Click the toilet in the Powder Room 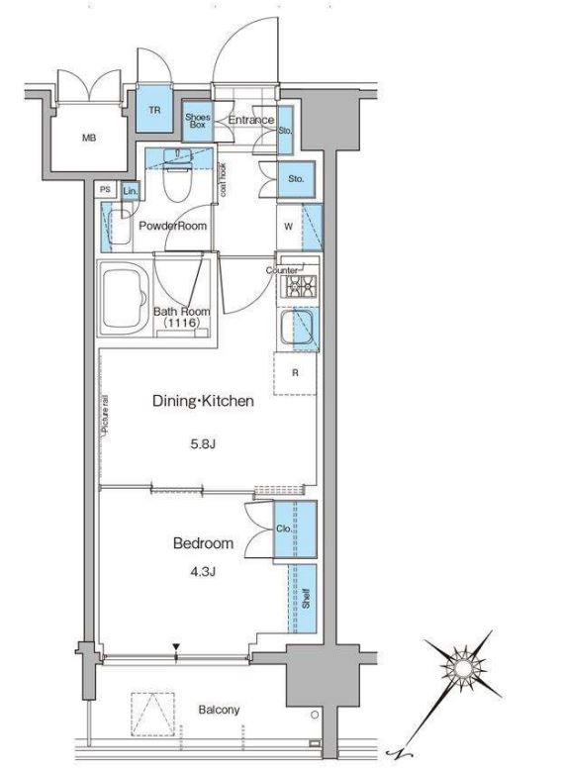(179, 177)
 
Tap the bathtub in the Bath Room (125, 299)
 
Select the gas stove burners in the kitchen (299, 286)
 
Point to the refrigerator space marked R (295, 373)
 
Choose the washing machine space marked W (289, 227)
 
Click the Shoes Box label (198, 121)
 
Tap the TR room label (154, 110)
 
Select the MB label (89, 139)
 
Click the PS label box (105, 190)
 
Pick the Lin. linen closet (131, 192)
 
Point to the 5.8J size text (204, 445)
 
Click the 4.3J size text (204, 572)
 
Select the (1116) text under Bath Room (182, 323)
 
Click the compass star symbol (462, 669)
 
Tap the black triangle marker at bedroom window (176, 648)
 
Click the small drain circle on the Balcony (315, 715)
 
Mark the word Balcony (219, 710)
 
